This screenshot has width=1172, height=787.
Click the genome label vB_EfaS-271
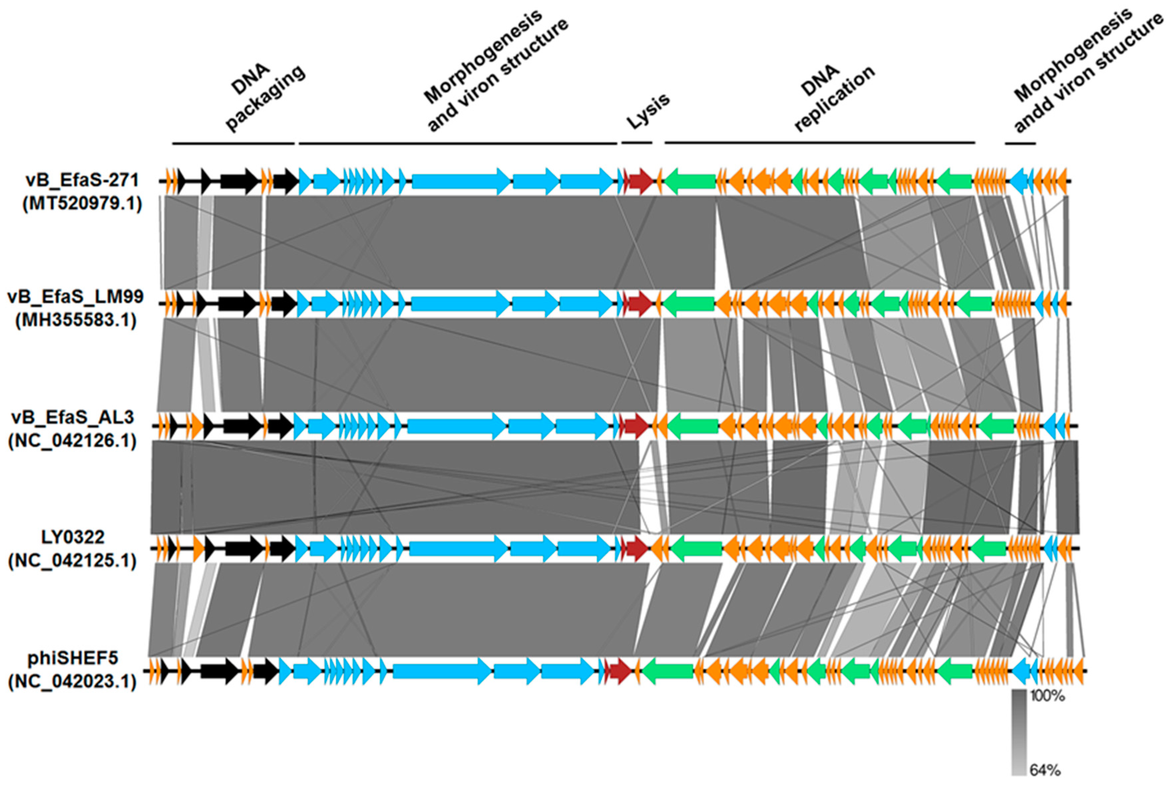click(x=82, y=180)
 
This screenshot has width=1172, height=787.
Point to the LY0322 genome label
click(x=73, y=537)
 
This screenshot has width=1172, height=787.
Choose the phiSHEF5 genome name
click(x=73, y=658)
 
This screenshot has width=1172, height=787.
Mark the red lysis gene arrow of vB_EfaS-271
click(x=640, y=181)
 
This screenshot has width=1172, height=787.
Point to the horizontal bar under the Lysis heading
click(x=637, y=143)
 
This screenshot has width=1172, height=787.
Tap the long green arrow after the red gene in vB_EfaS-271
click(x=689, y=181)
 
